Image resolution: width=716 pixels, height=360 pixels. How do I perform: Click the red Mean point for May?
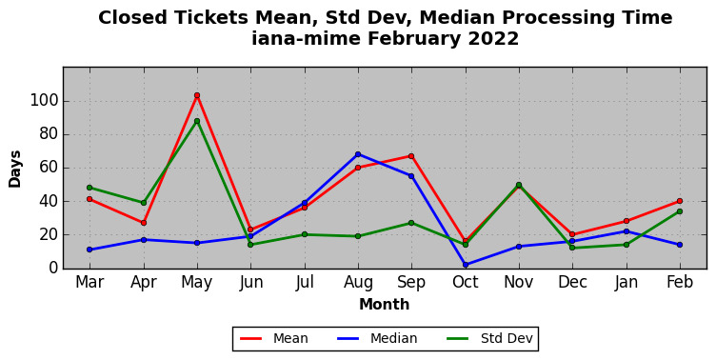pyautogui.click(x=197, y=95)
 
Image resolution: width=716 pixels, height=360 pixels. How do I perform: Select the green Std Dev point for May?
pyautogui.click(x=197, y=121)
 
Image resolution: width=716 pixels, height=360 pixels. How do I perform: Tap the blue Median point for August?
pyautogui.click(x=358, y=154)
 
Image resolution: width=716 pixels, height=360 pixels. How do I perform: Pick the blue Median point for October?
pyautogui.click(x=466, y=265)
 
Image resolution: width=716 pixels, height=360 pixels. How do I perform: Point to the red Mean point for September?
pyautogui.click(x=411, y=156)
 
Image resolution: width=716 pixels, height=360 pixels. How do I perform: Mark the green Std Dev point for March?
pyautogui.click(x=89, y=188)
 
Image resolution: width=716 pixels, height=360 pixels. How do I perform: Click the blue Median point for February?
pyautogui.click(x=680, y=245)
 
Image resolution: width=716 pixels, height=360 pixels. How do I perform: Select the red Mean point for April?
pyautogui.click(x=144, y=223)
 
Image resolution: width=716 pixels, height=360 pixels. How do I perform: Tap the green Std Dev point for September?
pyautogui.click(x=411, y=223)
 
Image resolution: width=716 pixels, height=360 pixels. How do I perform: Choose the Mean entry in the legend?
pyautogui.click(x=274, y=338)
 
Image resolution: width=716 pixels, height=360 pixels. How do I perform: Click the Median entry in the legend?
pyautogui.click(x=377, y=338)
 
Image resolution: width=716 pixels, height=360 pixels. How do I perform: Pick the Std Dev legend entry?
pyautogui.click(x=489, y=338)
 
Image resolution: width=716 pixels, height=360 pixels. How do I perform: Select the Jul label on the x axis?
pyautogui.click(x=305, y=282)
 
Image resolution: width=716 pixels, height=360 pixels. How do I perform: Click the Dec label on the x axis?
pyautogui.click(x=572, y=282)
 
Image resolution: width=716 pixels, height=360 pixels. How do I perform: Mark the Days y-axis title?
pyautogui.click(x=14, y=169)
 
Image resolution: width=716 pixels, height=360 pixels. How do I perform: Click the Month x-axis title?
pyautogui.click(x=385, y=304)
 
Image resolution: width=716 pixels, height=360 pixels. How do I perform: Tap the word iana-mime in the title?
pyautogui.click(x=306, y=38)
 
